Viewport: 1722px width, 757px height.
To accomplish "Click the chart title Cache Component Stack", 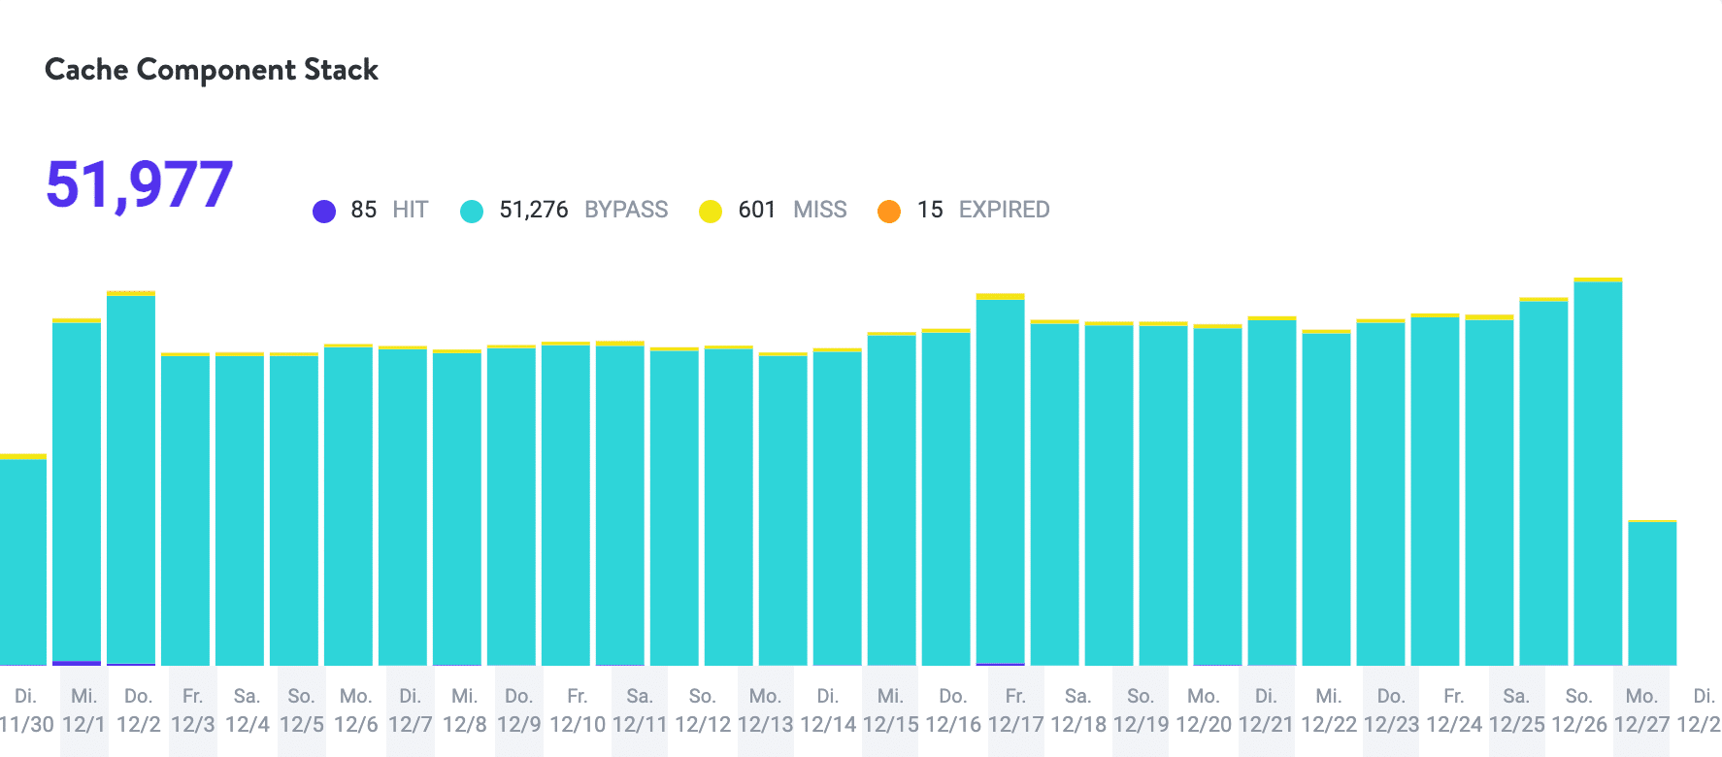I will [x=212, y=70].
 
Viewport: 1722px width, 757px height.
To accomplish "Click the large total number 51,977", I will [x=140, y=184].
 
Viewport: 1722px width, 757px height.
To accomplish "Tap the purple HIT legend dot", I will [x=324, y=211].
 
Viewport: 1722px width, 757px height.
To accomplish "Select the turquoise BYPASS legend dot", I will [x=472, y=211].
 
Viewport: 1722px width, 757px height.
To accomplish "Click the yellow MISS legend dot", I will [x=711, y=211].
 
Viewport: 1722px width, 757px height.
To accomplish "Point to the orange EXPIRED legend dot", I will [x=889, y=211].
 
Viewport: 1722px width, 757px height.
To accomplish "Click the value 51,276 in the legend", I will [x=534, y=210].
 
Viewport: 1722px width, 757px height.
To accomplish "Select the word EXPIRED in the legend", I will [x=1004, y=210].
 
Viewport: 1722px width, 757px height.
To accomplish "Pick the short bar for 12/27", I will [x=1653, y=593].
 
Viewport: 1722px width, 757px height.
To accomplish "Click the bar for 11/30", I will [x=23, y=562].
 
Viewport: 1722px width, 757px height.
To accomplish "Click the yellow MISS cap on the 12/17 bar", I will [x=1001, y=297].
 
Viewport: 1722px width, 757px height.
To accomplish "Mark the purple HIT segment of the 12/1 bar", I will [x=77, y=663].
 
